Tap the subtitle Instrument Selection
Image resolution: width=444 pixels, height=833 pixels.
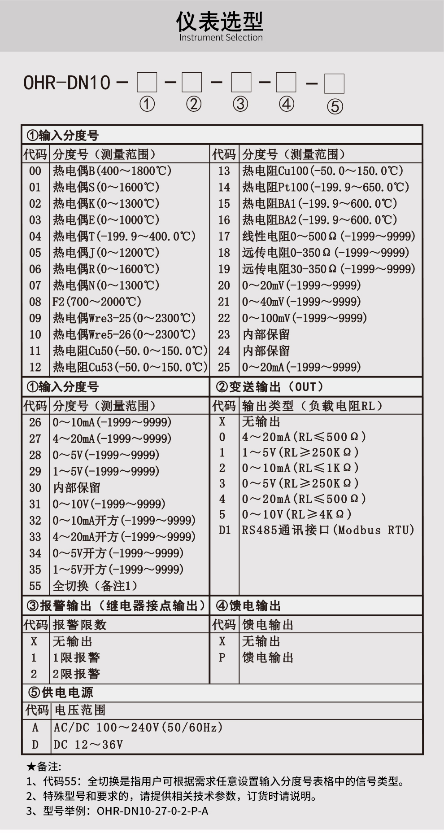coord(221,38)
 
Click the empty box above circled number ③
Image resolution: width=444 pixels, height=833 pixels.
coord(241,83)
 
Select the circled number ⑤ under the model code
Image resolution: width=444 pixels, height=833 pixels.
coord(335,106)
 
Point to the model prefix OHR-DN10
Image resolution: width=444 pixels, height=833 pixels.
coord(67,83)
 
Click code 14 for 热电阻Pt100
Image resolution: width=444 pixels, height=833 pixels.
coord(224,187)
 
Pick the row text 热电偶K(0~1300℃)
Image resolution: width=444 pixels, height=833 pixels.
coord(106,204)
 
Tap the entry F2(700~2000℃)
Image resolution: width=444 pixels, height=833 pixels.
coord(97,302)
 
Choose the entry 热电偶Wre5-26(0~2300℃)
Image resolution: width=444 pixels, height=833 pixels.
coord(124,334)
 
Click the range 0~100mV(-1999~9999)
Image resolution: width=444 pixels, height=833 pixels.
coord(305,318)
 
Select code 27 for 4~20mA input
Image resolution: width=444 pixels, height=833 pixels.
coord(35,438)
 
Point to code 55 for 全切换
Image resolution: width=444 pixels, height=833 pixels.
coord(35,586)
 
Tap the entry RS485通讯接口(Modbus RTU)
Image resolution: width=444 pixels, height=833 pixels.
coord(328,530)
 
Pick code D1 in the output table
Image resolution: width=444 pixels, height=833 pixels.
coord(224,530)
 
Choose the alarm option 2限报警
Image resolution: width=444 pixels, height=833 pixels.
coord(76,674)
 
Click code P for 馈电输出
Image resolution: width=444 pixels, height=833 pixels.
coord(222,658)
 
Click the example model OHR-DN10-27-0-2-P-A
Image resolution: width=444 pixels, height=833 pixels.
coord(152,811)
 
